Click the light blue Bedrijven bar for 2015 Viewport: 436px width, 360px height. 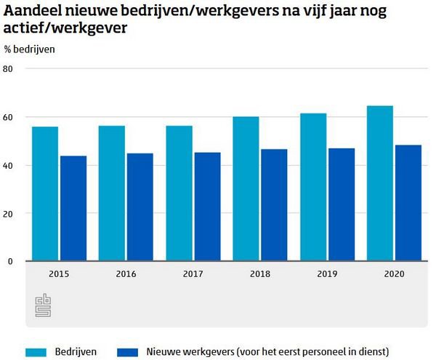[45, 193]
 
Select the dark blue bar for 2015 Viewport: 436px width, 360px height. [73, 208]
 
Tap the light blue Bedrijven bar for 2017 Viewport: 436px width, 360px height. [179, 193]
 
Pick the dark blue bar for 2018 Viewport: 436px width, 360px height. [274, 205]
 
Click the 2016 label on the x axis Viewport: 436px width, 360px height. [126, 273]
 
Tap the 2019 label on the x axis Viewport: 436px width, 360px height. [327, 273]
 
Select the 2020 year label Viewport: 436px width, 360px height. [394, 273]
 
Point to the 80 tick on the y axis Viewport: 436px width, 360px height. [9, 69]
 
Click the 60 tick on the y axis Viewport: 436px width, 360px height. [9, 117]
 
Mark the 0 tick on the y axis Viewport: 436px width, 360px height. [11, 261]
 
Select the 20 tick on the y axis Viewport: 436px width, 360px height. [9, 213]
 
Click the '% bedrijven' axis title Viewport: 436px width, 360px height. [29, 49]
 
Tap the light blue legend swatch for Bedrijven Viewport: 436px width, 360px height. [37, 352]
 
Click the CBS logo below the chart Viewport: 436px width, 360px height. [41, 305]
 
